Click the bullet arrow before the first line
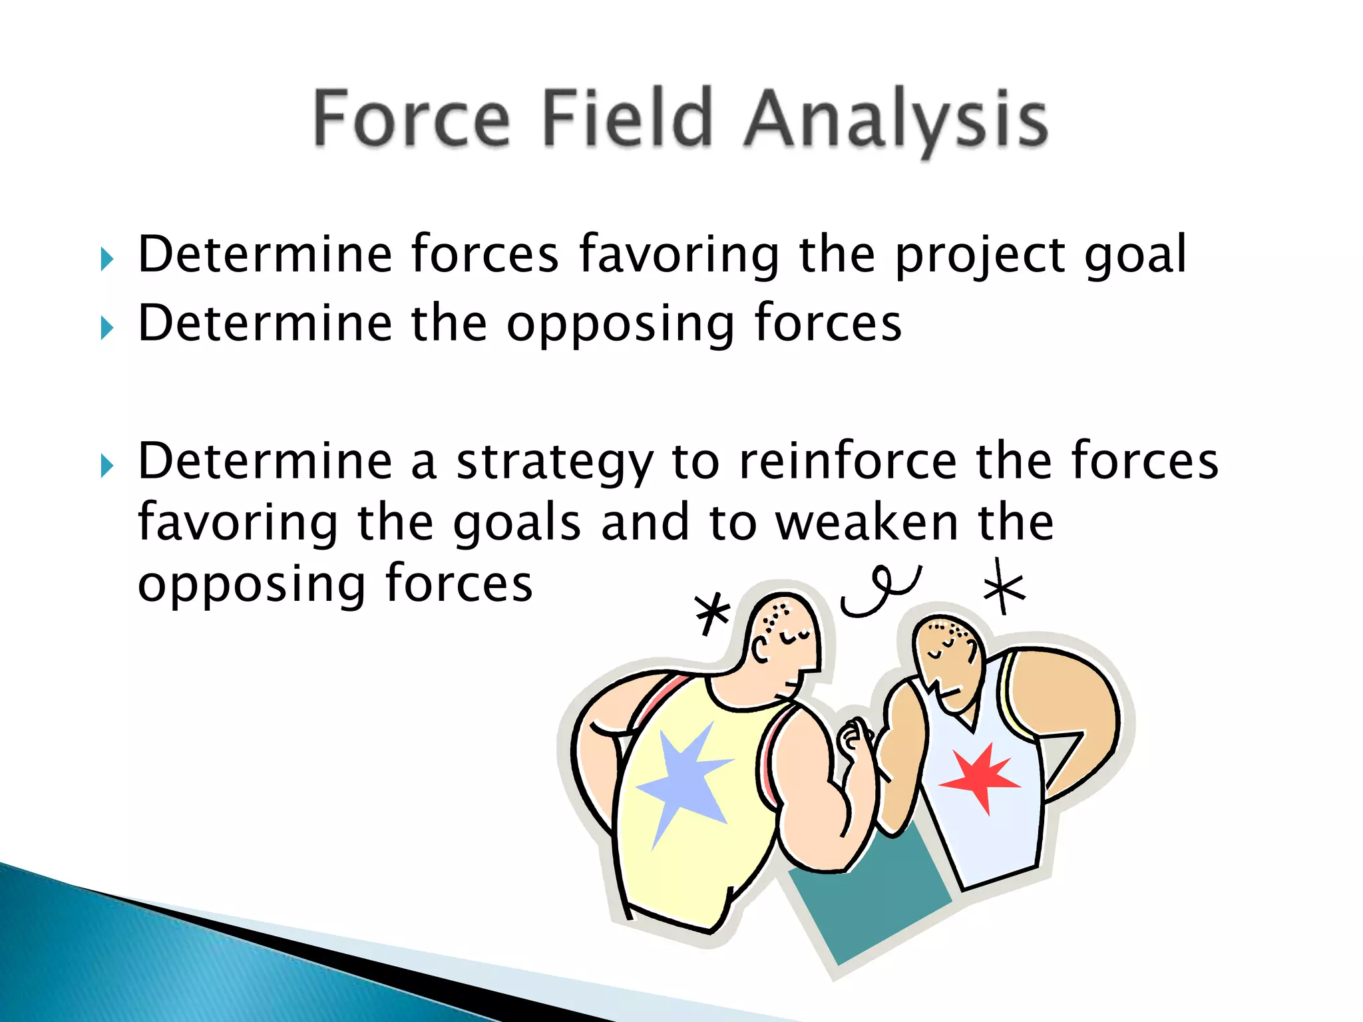click(x=106, y=259)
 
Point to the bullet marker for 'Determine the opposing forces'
click(x=106, y=327)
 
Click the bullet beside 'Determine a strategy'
click(x=106, y=466)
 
